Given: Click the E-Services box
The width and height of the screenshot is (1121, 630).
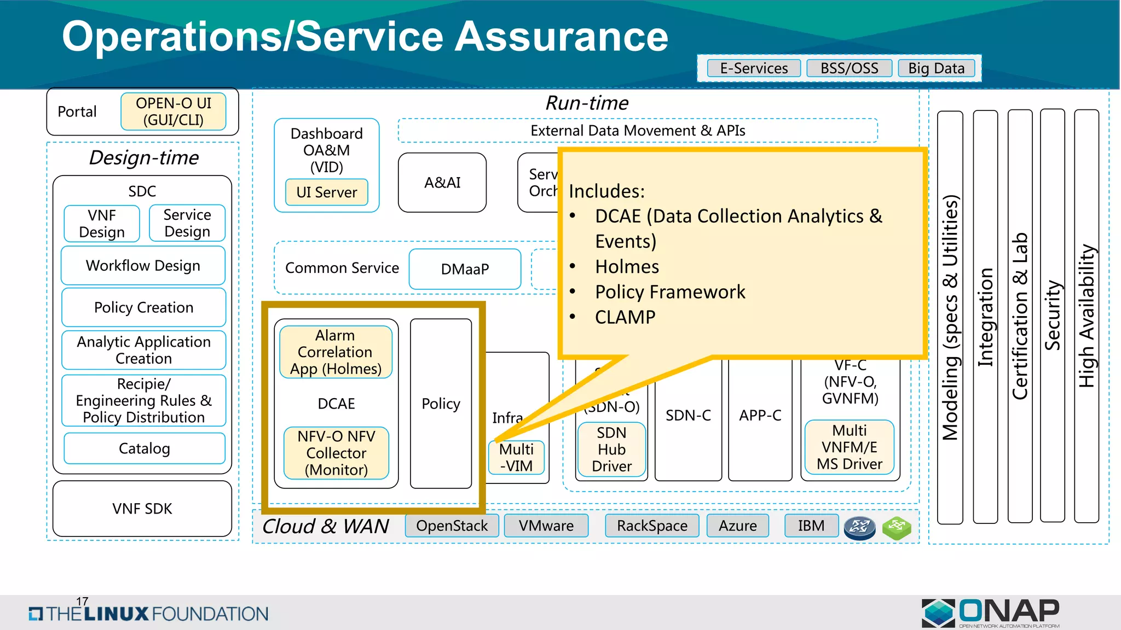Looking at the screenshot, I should [x=754, y=68].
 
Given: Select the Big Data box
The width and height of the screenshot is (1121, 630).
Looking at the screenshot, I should [x=937, y=68].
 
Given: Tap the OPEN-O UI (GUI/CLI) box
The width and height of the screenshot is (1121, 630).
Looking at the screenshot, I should [x=174, y=112].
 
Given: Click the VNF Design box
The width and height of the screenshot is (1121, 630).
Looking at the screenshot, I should [x=102, y=224].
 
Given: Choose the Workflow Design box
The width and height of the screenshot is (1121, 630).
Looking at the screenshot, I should [x=143, y=266].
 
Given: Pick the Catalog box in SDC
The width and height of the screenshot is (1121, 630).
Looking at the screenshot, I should [x=145, y=448].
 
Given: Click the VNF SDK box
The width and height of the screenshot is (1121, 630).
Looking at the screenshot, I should [x=142, y=509].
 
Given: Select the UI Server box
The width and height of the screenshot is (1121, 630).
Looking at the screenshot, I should [x=327, y=192].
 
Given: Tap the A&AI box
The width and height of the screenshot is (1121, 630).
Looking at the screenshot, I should [x=442, y=183].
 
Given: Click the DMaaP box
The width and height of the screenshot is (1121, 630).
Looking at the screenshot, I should [x=465, y=269].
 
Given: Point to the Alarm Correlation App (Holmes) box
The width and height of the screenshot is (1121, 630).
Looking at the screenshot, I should [x=336, y=352].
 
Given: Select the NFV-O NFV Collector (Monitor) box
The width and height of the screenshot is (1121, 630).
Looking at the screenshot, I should [x=336, y=453].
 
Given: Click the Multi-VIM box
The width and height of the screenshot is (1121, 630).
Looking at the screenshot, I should [x=516, y=458].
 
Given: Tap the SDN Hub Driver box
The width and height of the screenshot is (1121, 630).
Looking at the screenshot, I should [x=611, y=450].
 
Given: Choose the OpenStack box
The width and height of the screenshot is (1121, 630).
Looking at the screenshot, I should [x=452, y=526].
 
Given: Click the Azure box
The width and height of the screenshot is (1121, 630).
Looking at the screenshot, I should [x=737, y=526].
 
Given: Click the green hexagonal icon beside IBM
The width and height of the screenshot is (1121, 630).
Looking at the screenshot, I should [x=897, y=528].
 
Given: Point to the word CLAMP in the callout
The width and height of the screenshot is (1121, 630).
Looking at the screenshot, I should [x=625, y=317].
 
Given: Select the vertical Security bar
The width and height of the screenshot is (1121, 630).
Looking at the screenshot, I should [x=1052, y=316].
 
